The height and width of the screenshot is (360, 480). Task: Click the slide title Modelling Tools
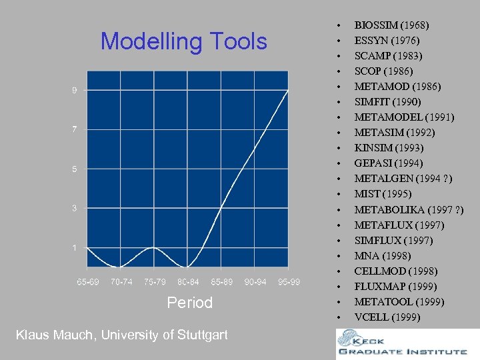click(183, 42)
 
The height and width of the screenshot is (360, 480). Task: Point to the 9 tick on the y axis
click(75, 90)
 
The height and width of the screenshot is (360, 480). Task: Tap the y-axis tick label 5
click(75, 169)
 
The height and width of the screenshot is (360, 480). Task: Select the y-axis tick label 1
click(75, 248)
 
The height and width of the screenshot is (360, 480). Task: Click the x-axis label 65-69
click(88, 282)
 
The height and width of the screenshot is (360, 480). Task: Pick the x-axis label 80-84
click(188, 282)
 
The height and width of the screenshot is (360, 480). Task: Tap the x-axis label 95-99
click(289, 282)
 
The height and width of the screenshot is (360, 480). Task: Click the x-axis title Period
click(189, 303)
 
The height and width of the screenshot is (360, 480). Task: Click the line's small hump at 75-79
click(154, 248)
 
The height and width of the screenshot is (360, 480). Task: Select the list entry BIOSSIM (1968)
click(391, 25)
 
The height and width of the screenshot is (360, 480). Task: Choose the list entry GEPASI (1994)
click(389, 163)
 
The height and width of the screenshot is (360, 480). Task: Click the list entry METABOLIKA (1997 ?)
click(409, 210)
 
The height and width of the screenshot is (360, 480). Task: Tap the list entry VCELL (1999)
click(387, 317)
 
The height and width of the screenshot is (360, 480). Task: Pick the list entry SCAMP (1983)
click(388, 56)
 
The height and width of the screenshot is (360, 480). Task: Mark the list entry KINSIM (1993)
click(389, 148)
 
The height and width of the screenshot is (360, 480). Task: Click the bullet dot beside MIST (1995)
click(340, 195)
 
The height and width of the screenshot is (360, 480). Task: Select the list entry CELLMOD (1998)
click(395, 271)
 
